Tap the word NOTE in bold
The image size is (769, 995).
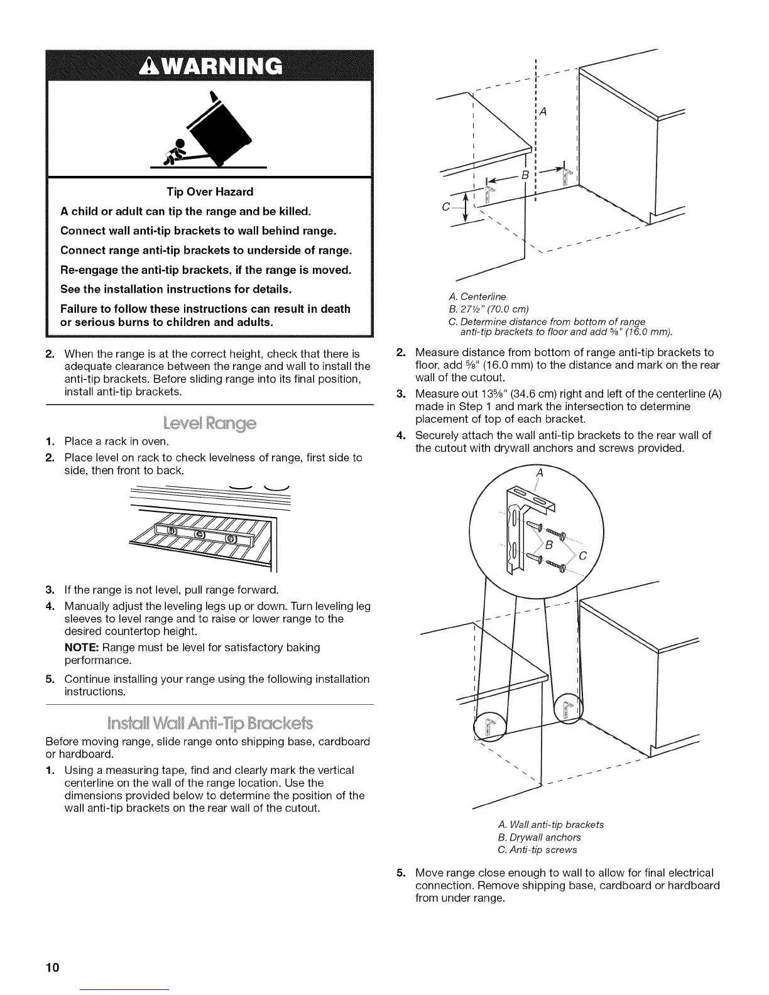pyautogui.click(x=82, y=648)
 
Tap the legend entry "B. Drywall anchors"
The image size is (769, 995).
pyautogui.click(x=539, y=837)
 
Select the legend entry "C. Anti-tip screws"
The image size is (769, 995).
pyautogui.click(x=537, y=850)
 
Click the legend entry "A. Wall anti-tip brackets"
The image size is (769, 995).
pyautogui.click(x=550, y=825)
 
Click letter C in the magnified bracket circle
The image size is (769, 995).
pyautogui.click(x=582, y=556)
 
